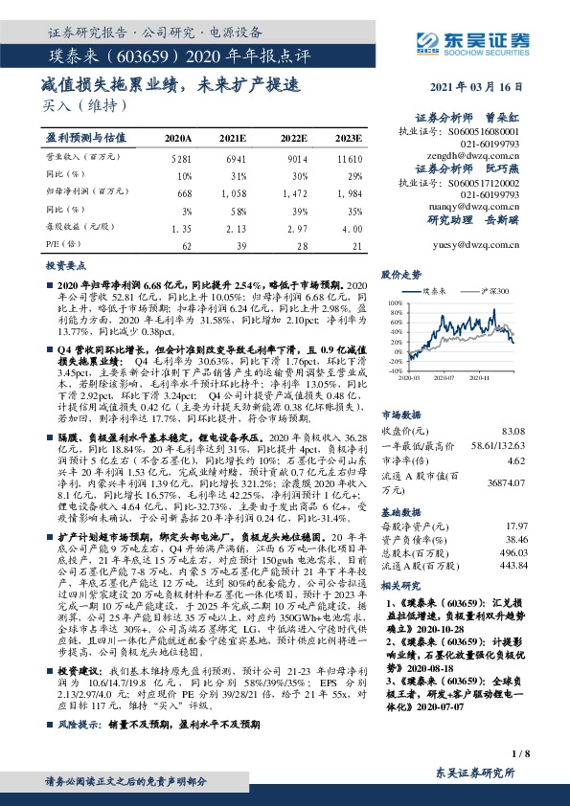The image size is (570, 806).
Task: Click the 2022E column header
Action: pyautogui.click(x=293, y=138)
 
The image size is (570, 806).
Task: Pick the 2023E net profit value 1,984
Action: pyautogui.click(x=351, y=193)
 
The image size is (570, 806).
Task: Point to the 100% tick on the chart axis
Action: pyautogui.click(x=395, y=302)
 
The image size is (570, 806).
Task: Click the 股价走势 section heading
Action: pyautogui.click(x=400, y=274)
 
